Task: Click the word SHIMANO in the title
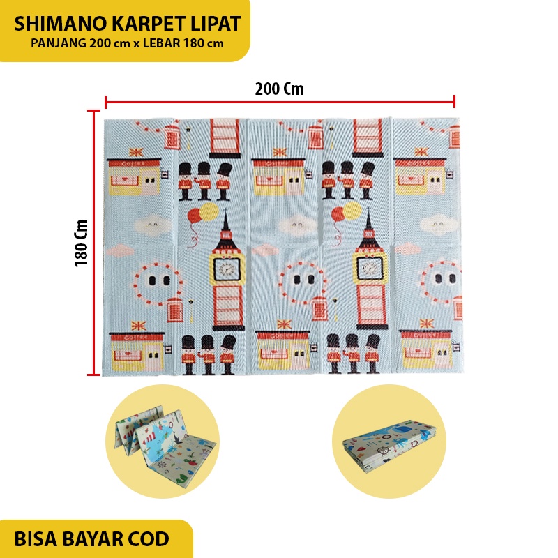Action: click(x=58, y=24)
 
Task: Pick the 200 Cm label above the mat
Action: click(x=279, y=89)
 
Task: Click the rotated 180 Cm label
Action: click(x=81, y=242)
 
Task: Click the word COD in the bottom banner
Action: click(x=150, y=539)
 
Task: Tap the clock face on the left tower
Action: click(x=225, y=266)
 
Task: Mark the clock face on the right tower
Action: click(x=368, y=266)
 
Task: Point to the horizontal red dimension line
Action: click(x=279, y=103)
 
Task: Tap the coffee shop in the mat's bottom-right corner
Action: click(x=425, y=348)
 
